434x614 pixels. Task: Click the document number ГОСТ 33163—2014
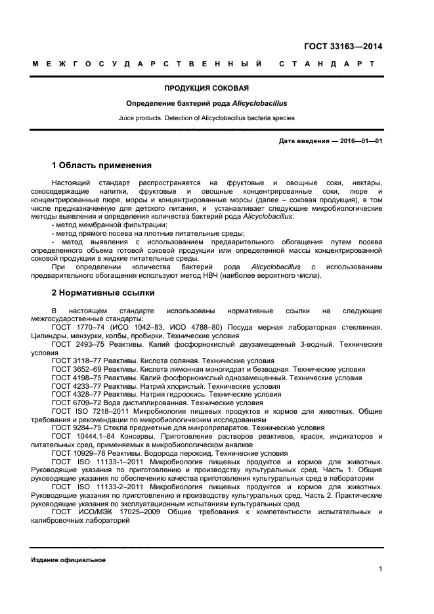pyautogui.click(x=343, y=46)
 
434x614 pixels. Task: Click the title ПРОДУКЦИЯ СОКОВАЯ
pyautogui.click(x=206, y=87)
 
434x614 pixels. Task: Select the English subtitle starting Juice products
pyautogui.click(x=206, y=118)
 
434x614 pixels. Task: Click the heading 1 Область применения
pyautogui.click(x=102, y=165)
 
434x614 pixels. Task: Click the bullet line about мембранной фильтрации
pyautogui.click(x=109, y=225)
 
